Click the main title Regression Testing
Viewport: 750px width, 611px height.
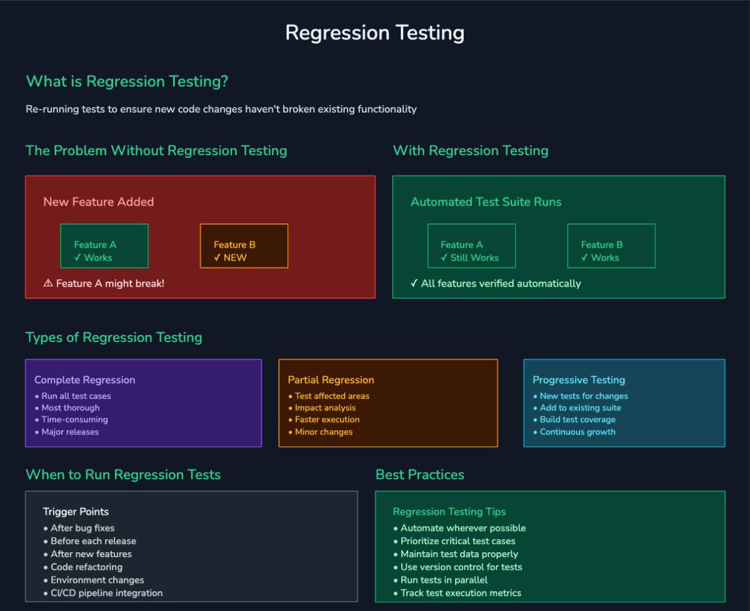[x=374, y=33]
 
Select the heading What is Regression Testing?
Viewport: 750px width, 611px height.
[x=127, y=81]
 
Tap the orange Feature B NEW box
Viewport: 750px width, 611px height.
[x=244, y=246]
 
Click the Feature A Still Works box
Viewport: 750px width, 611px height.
[x=471, y=246]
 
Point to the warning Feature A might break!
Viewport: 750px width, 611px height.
[x=104, y=283]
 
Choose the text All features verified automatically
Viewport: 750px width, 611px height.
[x=496, y=283]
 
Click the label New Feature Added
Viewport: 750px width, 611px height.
[x=98, y=201]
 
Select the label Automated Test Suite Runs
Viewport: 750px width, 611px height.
[x=486, y=201]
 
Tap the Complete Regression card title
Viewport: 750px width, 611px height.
[x=84, y=380]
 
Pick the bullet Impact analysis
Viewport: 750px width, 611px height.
[x=325, y=408]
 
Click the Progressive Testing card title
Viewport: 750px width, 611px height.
[x=579, y=380]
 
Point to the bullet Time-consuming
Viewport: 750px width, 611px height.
[x=74, y=420]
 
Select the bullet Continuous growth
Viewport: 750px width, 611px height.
[x=577, y=432]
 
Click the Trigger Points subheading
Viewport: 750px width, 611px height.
[x=76, y=512]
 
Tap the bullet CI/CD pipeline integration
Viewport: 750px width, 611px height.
[x=106, y=593]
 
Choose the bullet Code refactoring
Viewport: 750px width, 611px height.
[x=86, y=567]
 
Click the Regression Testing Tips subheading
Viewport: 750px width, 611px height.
[x=449, y=512]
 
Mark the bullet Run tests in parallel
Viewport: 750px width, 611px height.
[x=444, y=580]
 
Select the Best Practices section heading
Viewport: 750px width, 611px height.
[x=419, y=475]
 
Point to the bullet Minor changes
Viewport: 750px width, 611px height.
[x=324, y=432]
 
